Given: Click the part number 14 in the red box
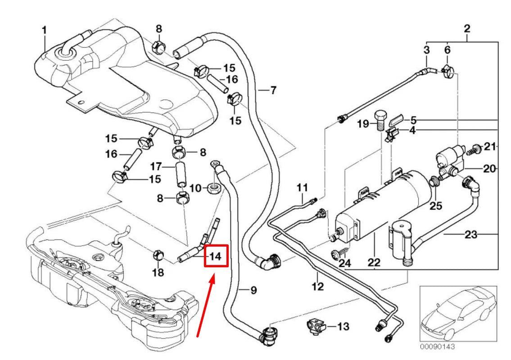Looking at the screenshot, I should tap(216, 256).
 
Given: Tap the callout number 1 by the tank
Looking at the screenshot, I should tap(44, 30).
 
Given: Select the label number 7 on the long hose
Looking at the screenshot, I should tap(273, 90).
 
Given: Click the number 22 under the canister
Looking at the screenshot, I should tap(374, 262).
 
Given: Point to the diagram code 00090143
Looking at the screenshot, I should tap(438, 347).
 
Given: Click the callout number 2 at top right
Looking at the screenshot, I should tap(467, 28).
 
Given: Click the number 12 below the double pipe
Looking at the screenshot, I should tap(318, 286).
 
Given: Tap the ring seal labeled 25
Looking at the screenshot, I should tap(434, 182).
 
